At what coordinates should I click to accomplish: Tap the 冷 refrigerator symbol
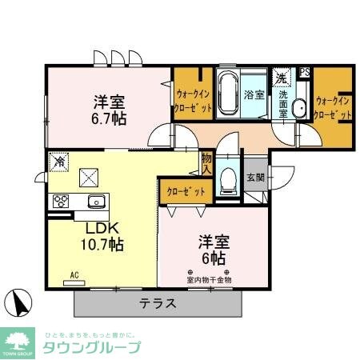tap(60, 162)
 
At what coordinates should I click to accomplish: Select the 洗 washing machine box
tap(281, 79)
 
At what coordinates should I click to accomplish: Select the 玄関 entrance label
tap(254, 176)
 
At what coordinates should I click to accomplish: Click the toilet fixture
tap(226, 181)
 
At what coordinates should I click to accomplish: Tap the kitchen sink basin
tap(97, 201)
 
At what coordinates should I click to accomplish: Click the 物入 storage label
tap(206, 164)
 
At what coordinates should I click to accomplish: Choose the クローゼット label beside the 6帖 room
tap(186, 191)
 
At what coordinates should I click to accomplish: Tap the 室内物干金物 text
tap(209, 280)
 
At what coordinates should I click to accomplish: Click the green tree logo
tap(18, 338)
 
